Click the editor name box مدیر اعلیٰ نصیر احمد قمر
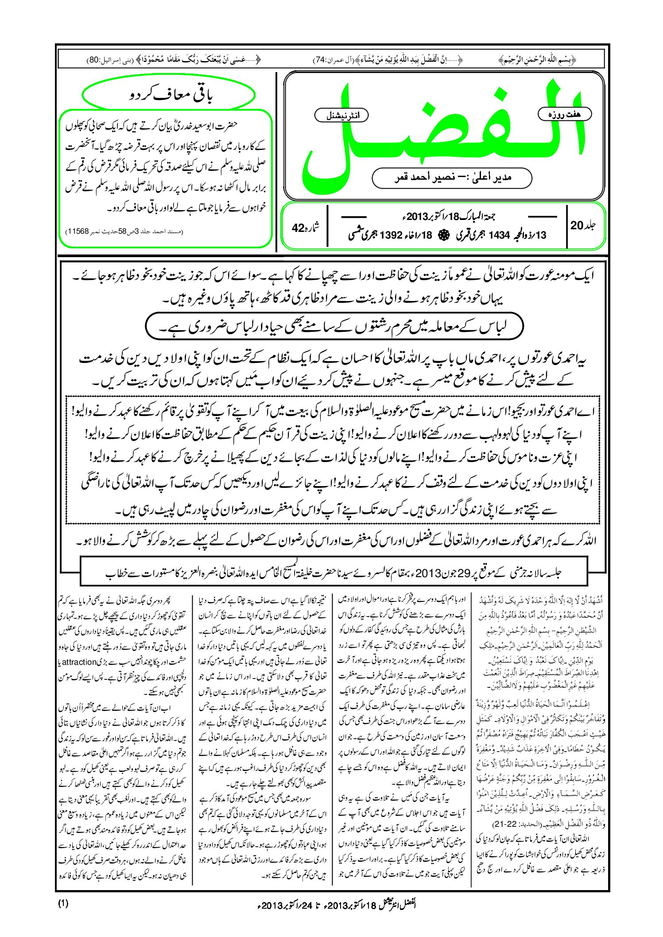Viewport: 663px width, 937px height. coord(452,177)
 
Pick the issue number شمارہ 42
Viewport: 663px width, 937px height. coord(305,228)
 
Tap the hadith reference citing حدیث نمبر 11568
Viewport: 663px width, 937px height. coord(124,231)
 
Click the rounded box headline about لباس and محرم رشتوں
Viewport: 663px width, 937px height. coord(334,327)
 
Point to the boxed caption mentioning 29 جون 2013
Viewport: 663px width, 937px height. coord(333,574)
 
